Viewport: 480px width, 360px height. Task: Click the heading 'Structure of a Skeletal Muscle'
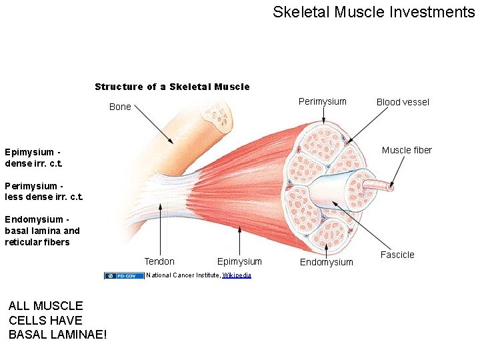point(172,87)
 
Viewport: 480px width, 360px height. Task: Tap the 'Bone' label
point(120,107)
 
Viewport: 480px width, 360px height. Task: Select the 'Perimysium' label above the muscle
point(322,101)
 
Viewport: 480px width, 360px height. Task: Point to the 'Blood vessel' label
point(403,102)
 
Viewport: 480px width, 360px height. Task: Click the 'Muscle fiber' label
point(407,150)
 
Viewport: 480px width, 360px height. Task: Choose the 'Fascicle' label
point(397,255)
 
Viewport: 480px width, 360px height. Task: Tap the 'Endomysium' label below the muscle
point(326,262)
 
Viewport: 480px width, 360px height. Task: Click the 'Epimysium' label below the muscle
point(239,261)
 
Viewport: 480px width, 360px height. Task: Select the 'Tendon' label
point(159,261)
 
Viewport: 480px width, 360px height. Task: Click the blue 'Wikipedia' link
point(237,275)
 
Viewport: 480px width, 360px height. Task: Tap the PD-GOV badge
point(124,275)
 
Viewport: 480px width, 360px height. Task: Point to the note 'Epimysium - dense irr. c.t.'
point(33,157)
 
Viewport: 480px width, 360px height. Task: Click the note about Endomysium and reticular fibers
point(42,231)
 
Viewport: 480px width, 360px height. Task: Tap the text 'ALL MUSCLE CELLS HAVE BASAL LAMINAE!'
point(57,320)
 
